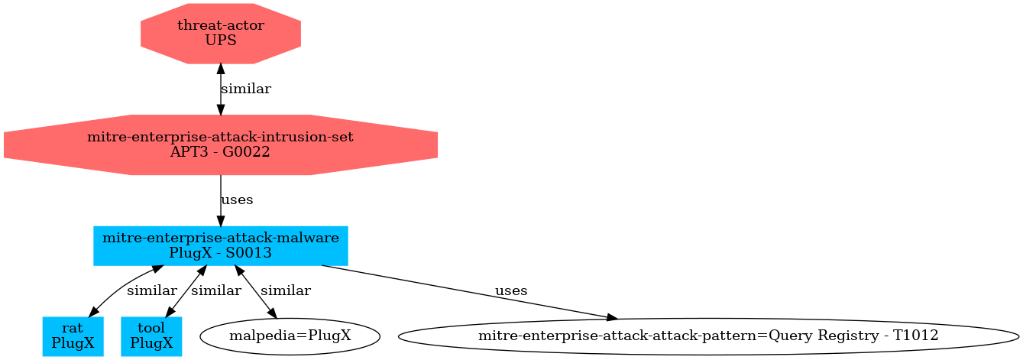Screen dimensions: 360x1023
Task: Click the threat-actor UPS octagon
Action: pyautogui.click(x=221, y=33)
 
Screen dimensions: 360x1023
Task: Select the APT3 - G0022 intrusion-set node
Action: pyautogui.click(x=221, y=144)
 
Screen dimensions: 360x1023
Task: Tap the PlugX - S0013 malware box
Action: pyautogui.click(x=221, y=245)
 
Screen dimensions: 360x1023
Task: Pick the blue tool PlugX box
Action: pyautogui.click(x=151, y=336)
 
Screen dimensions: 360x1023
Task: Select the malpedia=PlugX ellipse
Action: pyautogui.click(x=290, y=336)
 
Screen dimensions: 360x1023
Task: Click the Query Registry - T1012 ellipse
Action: pyautogui.click(x=708, y=336)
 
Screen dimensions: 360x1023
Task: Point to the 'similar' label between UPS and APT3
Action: pyautogui.click(x=245, y=89)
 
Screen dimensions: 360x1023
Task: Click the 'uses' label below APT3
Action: pyautogui.click(x=236, y=200)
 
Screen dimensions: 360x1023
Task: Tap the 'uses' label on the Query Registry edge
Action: pyautogui.click(x=511, y=291)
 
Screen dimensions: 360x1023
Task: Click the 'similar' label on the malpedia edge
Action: pyautogui.click(x=286, y=291)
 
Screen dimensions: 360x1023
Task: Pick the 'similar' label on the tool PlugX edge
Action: pyautogui.click(x=216, y=291)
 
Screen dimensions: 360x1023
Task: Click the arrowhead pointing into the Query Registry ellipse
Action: pyautogui.click(x=612, y=317)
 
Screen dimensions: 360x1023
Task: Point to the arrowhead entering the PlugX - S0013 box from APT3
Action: pyautogui.click(x=221, y=221)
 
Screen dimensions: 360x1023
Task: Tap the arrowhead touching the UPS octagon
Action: pyautogui.click(x=221, y=69)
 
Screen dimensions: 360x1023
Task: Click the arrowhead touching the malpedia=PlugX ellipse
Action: pyautogui.click(x=271, y=313)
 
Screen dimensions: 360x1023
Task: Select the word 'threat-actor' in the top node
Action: pyautogui.click(x=221, y=25)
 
